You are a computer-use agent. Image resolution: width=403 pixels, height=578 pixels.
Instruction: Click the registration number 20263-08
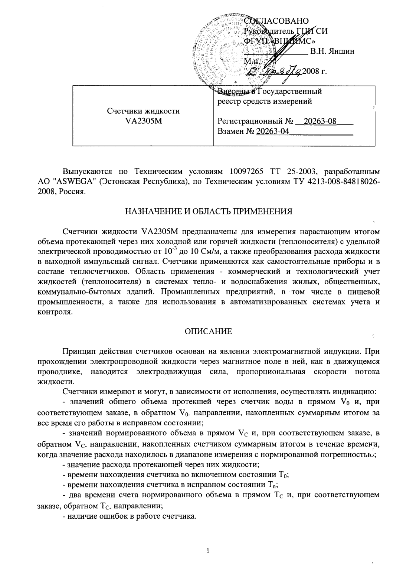pos(320,122)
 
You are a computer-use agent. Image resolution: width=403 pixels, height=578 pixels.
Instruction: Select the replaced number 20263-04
pos(272,131)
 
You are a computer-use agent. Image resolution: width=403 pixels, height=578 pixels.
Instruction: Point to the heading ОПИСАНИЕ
pos(209,332)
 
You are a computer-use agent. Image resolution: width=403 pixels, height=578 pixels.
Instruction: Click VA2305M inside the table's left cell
pos(143,121)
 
